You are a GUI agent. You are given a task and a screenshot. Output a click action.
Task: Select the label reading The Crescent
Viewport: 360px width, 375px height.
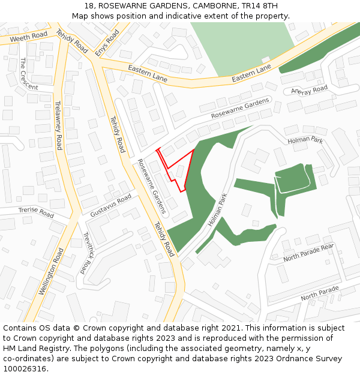pos(28,75)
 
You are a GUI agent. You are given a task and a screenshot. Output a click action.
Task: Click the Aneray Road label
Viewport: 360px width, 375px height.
pos(309,90)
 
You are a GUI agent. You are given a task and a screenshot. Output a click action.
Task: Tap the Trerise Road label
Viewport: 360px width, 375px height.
pos(36,212)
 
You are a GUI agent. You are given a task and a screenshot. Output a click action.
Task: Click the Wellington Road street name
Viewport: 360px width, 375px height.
pos(51,271)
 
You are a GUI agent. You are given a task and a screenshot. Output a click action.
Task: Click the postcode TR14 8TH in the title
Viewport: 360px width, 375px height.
pos(262,6)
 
